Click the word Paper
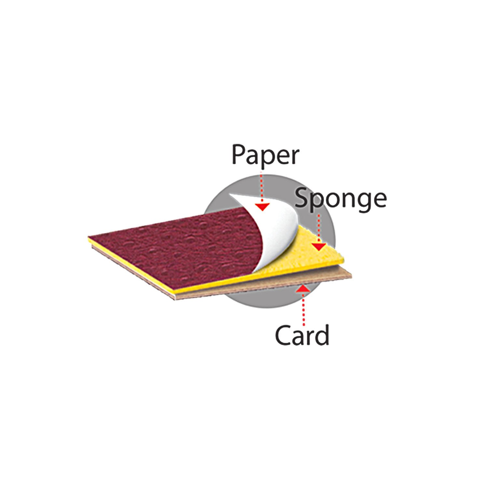pos(265,155)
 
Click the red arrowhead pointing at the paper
pos(262,207)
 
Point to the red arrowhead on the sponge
pos(319,247)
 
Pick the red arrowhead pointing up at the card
pos(303,288)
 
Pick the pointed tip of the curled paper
pos(230,195)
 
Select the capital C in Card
pos(283,335)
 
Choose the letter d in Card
pos(322,334)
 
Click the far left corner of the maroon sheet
pos(89,237)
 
